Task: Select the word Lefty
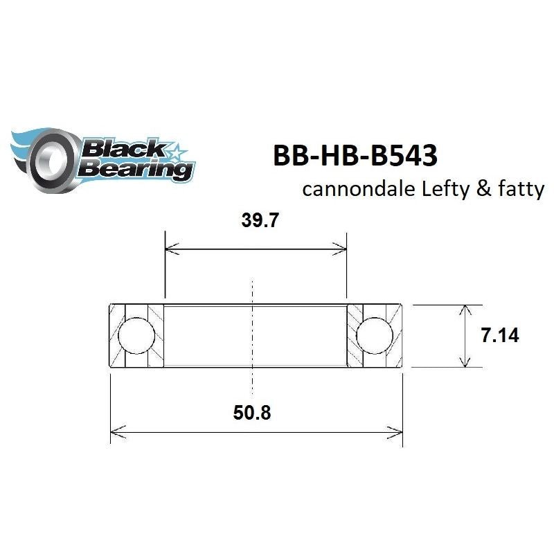[440, 189]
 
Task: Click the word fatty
[513, 190]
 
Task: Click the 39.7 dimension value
[255, 222]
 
